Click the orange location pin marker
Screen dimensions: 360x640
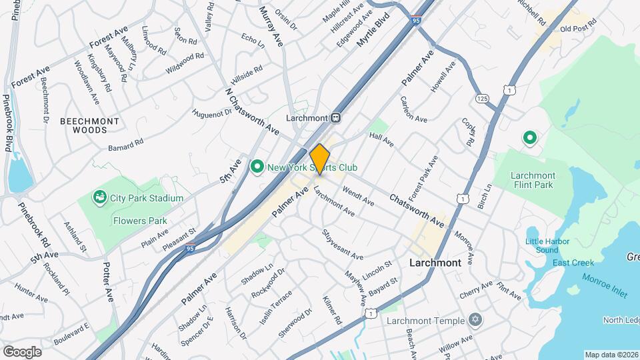pyautogui.click(x=320, y=159)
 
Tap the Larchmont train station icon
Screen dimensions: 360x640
pyautogui.click(x=337, y=117)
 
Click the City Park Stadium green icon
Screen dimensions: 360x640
pyautogui.click(x=100, y=197)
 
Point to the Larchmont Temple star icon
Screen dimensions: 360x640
pyautogui.click(x=475, y=320)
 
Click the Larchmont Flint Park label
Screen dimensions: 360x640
pyautogui.click(x=533, y=180)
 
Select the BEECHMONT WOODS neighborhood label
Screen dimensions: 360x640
pyautogui.click(x=89, y=126)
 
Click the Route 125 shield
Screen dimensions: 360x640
pyautogui.click(x=483, y=99)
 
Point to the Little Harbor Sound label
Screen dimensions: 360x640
pyautogui.click(x=541, y=245)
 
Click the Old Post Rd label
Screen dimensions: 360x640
pyautogui.click(x=577, y=29)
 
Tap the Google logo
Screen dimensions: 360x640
pyautogui.click(x=22, y=351)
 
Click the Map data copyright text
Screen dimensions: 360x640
pyautogui.click(x=611, y=355)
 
